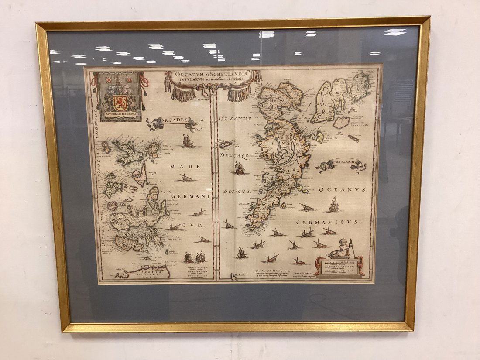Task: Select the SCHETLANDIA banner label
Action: pyautogui.click(x=343, y=164)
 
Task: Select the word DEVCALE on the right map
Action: pyautogui.click(x=234, y=156)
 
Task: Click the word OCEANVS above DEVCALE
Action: pyautogui.click(x=236, y=118)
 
